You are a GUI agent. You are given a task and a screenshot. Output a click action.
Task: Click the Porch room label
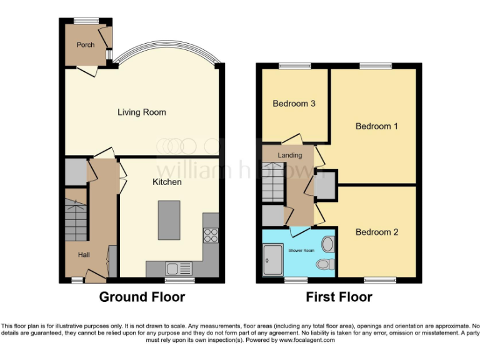[x=86, y=45]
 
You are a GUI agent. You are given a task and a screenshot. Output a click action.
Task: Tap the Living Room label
[x=142, y=112]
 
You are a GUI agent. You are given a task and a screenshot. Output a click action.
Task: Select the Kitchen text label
[x=167, y=182]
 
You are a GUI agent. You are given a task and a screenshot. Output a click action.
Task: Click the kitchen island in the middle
[x=169, y=219]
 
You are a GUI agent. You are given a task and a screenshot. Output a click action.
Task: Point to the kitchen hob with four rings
[x=211, y=235]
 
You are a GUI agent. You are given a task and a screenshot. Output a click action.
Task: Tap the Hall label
[x=84, y=255]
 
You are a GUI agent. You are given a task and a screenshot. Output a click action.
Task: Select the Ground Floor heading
[x=142, y=297]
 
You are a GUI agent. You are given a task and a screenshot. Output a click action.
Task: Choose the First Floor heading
[x=339, y=297]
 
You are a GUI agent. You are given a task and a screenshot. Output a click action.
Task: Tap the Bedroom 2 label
[x=377, y=232]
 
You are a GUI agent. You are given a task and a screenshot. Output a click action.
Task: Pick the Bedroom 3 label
[x=294, y=104]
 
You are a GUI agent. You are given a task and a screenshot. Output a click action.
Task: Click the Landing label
[x=289, y=155]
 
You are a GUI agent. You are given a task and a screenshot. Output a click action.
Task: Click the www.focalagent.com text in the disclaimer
[x=307, y=341]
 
